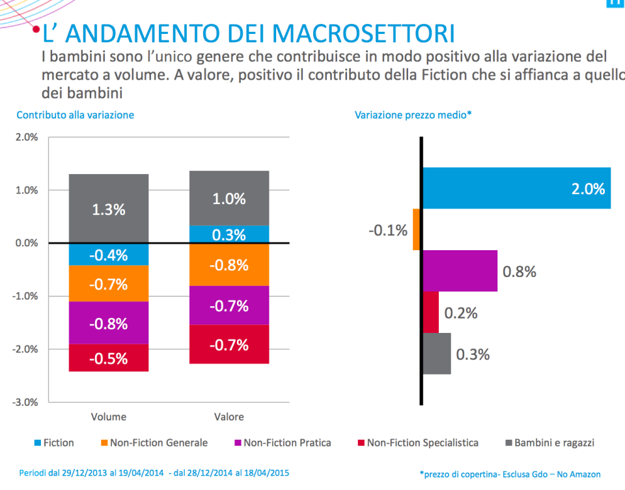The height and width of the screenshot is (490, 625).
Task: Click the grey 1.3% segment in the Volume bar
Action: [109, 209]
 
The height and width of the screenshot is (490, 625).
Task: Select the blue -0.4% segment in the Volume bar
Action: [109, 255]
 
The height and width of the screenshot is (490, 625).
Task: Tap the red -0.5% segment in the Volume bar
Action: [109, 358]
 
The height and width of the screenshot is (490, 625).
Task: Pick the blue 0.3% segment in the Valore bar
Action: [229, 235]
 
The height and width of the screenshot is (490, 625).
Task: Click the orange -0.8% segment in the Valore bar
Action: [229, 265]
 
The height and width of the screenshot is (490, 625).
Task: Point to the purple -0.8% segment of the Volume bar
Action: [109, 323]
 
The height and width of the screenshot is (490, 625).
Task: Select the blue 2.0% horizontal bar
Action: [516, 188]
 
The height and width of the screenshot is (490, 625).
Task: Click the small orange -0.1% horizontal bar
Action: [417, 229]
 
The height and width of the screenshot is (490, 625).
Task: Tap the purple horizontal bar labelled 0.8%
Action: [460, 271]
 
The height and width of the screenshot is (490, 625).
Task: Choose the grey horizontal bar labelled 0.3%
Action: [436, 354]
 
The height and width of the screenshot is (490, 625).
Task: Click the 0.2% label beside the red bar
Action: [461, 313]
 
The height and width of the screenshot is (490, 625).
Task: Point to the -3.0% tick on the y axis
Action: [27, 402]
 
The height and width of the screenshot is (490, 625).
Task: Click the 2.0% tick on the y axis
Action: [27, 137]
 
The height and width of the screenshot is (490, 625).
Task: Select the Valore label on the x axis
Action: [229, 417]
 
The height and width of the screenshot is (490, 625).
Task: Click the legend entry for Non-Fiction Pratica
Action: [287, 443]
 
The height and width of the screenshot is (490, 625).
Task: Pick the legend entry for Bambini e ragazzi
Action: [554, 443]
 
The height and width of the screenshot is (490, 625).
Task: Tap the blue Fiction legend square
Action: [38, 443]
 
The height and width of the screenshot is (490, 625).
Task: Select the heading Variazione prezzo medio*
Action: [413, 115]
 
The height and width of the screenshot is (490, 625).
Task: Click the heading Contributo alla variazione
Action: [75, 115]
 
